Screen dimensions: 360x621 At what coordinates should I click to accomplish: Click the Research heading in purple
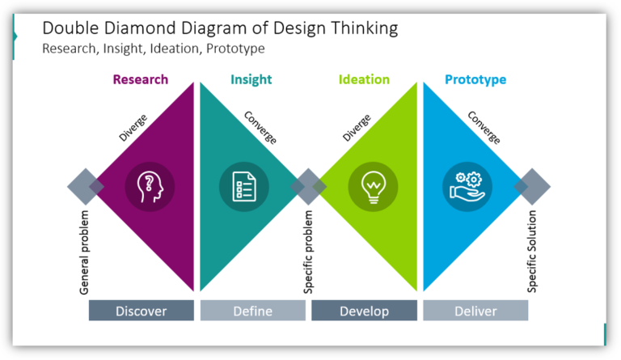(141, 79)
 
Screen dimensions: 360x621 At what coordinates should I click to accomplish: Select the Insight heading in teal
(251, 79)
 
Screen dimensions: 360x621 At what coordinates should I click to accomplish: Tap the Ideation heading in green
(365, 79)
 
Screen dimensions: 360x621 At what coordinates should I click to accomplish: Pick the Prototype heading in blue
(475, 79)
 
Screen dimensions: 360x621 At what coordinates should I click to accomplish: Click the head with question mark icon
(150, 187)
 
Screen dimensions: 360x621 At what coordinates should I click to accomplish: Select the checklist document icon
(243, 187)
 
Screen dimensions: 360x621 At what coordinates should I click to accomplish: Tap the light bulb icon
(373, 187)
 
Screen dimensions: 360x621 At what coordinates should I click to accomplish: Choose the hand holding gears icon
(467, 187)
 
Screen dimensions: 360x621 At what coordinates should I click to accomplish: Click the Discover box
(142, 311)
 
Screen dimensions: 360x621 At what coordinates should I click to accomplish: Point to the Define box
(252, 311)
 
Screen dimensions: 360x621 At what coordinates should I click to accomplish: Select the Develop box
(364, 311)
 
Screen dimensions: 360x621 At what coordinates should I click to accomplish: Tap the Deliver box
(475, 311)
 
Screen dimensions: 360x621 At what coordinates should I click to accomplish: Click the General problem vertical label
(85, 252)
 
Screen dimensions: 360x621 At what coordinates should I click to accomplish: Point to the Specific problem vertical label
(308, 252)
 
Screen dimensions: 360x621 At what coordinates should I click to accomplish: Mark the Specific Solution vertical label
(532, 252)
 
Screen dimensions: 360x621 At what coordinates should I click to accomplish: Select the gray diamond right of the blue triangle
(532, 187)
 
